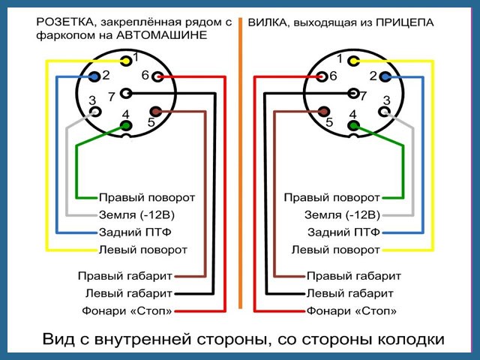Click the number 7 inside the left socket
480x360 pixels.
[x=111, y=96]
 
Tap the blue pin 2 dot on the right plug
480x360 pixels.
[x=385, y=76]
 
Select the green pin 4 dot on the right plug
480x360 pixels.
[x=352, y=125]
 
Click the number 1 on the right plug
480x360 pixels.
[x=340, y=58]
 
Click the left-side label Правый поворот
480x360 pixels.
[x=147, y=197]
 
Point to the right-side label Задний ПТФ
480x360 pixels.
[x=343, y=232]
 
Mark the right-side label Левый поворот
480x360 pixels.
[x=335, y=249]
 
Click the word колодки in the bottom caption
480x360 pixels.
[x=411, y=339]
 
